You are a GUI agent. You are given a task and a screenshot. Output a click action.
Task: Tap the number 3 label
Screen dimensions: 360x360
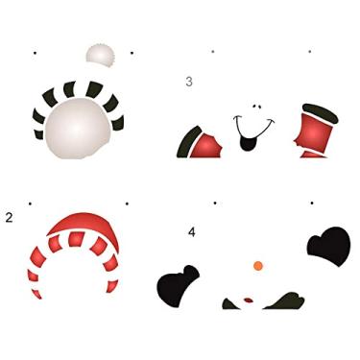pyautogui.click(x=189, y=82)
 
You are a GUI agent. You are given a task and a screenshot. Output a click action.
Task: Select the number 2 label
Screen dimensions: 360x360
pyautogui.click(x=9, y=218)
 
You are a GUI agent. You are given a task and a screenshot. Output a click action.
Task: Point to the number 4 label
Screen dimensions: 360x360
pyautogui.click(x=192, y=232)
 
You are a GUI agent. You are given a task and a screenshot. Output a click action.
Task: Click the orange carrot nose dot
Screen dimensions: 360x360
pyautogui.click(x=257, y=264)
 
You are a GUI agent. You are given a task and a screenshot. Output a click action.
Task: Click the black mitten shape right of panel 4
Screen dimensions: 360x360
pyautogui.click(x=328, y=244)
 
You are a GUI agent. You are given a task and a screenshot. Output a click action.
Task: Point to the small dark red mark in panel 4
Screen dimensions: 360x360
pyautogui.click(x=249, y=300)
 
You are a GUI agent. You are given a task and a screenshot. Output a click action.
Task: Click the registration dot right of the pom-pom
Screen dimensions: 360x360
pyautogui.click(x=131, y=52)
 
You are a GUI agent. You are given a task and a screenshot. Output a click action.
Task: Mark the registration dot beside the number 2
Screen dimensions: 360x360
pyautogui.click(x=30, y=204)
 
